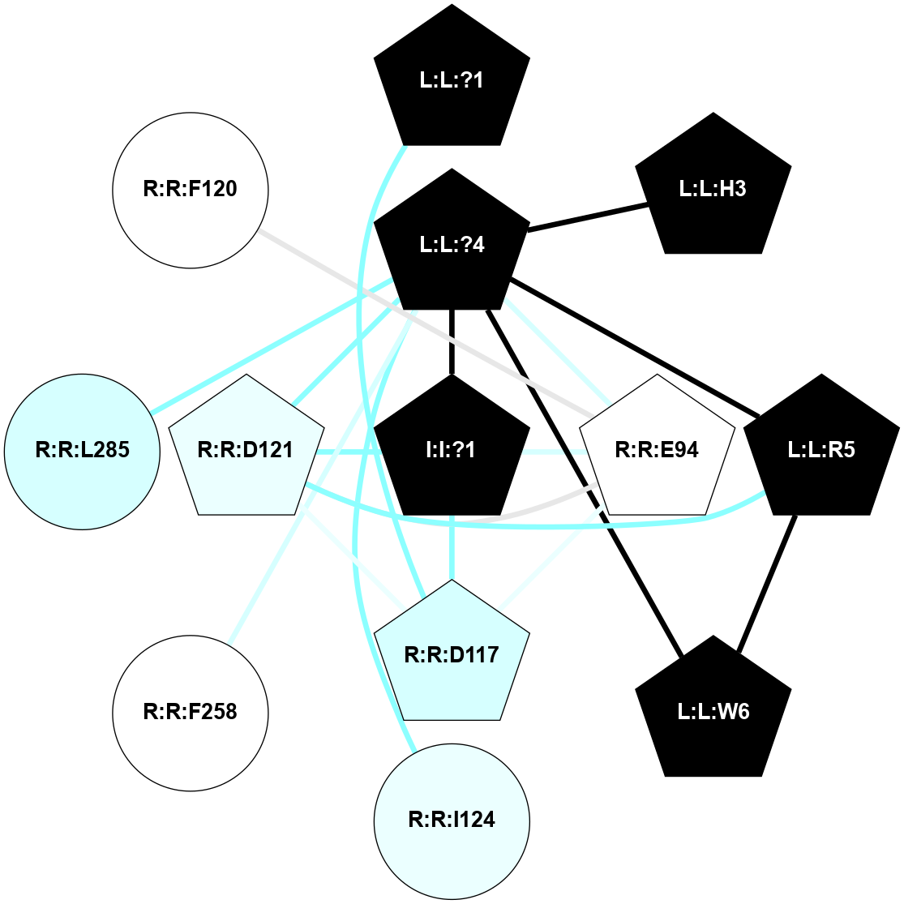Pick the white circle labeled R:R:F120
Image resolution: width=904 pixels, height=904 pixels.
click(191, 190)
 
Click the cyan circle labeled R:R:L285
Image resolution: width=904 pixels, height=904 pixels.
click(82, 451)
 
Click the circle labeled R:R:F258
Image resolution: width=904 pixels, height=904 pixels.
click(191, 712)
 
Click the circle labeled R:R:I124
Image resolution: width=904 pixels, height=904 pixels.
click(452, 820)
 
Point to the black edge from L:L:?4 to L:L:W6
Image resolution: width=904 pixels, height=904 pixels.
click(584, 482)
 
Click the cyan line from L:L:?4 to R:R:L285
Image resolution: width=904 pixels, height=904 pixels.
click(272, 345)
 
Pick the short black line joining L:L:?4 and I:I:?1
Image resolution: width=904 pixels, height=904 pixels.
click(452, 341)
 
